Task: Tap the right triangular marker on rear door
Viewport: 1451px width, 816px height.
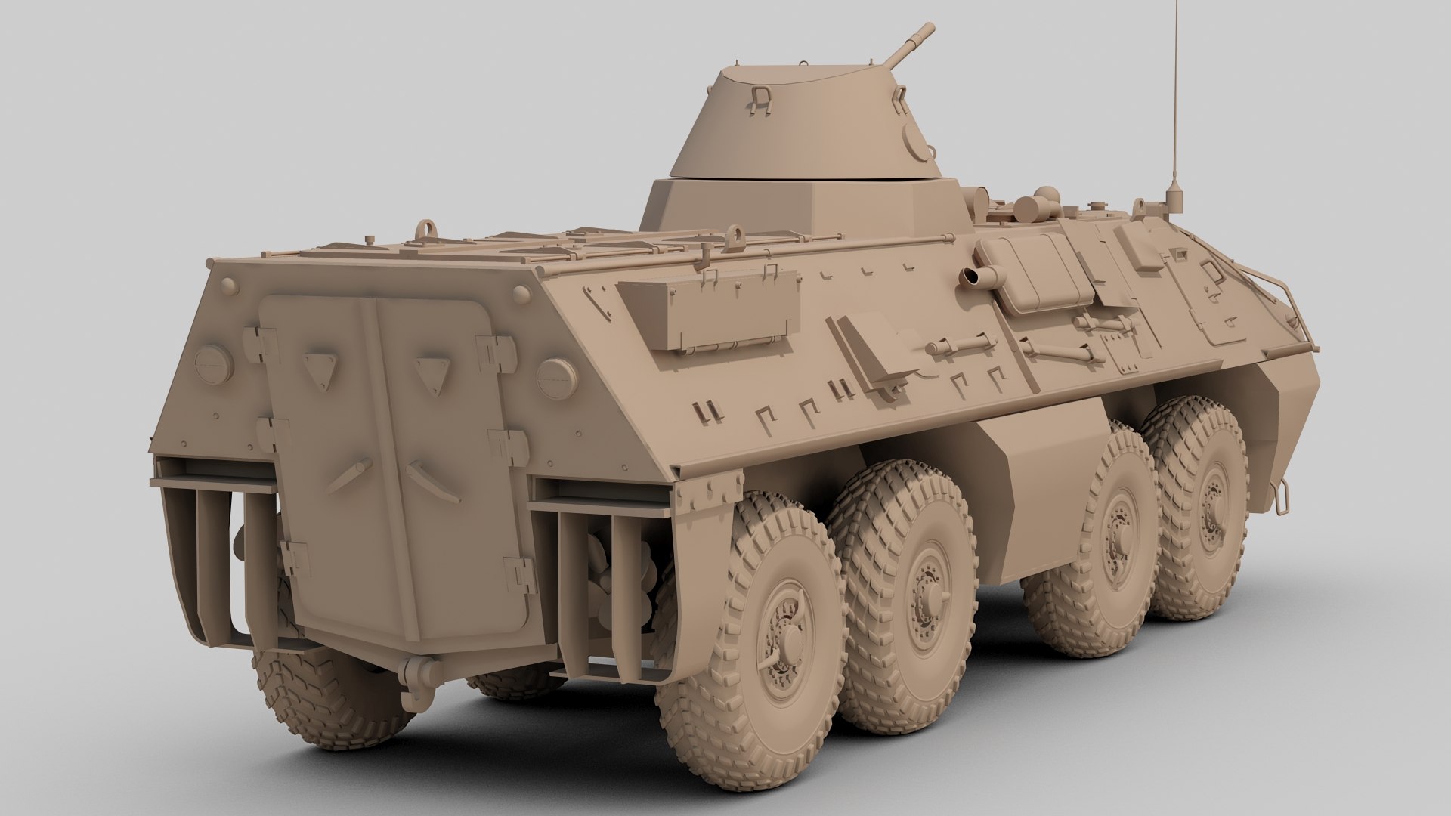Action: pos(433,371)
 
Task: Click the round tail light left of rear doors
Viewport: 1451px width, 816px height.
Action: pos(213,363)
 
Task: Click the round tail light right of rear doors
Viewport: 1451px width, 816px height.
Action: pos(556,376)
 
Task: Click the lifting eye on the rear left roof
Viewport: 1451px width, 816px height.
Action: pos(428,227)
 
